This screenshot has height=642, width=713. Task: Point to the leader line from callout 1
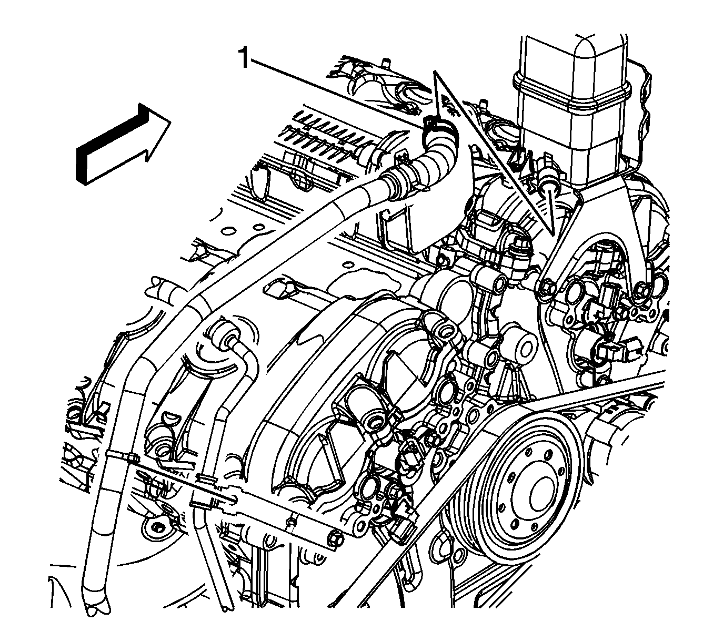[x=337, y=91]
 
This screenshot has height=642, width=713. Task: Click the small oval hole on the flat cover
[x=228, y=231]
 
